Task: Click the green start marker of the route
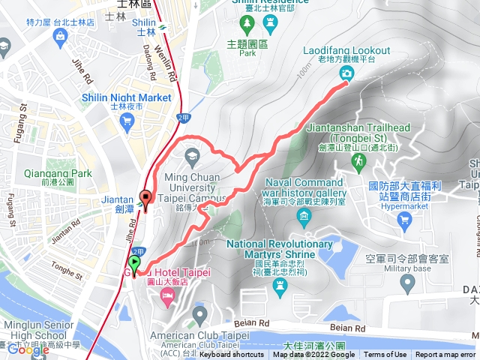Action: [134, 263]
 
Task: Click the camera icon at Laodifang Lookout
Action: [346, 73]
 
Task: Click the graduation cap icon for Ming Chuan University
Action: [191, 156]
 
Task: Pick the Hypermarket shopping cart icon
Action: [406, 220]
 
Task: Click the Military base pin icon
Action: [408, 283]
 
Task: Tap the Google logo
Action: [28, 349]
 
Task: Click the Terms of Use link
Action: [385, 355]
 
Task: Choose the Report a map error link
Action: [445, 355]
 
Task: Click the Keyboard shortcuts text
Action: [232, 355]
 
